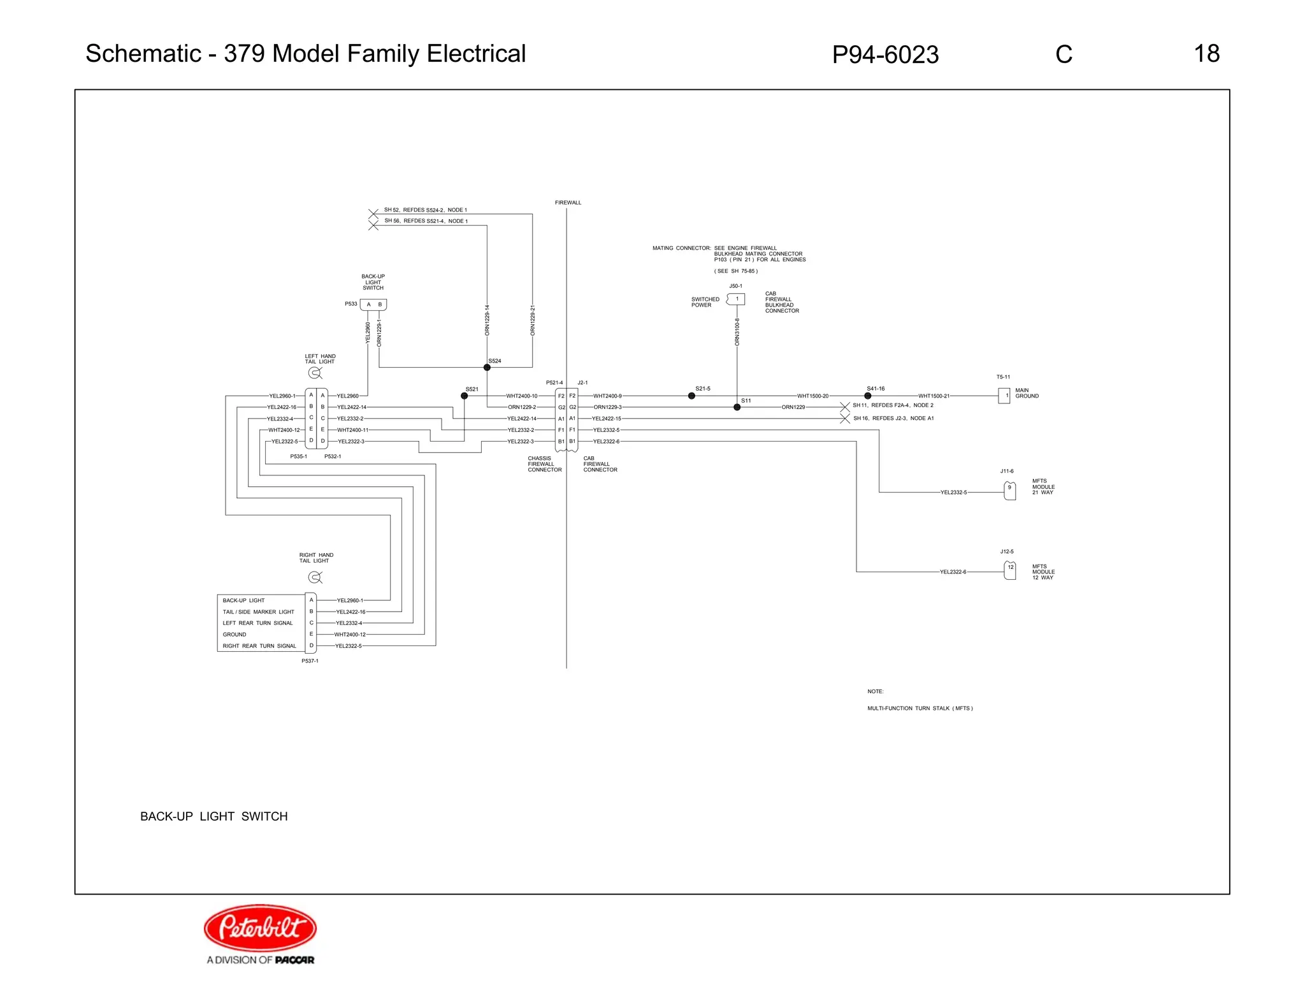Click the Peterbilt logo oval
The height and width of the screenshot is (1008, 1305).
[x=260, y=928]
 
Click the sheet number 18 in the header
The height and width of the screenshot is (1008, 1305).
[x=1206, y=54]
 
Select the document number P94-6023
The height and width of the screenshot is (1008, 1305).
[x=885, y=55]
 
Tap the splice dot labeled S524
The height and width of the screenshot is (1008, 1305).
[x=487, y=368]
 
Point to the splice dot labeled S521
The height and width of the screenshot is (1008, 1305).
[x=465, y=396]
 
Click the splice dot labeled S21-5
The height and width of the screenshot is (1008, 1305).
[x=691, y=396]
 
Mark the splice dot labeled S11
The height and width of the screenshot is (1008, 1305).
[x=737, y=407]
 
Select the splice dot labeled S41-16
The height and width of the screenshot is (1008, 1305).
[x=867, y=396]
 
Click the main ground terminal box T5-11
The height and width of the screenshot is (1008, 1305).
[x=1004, y=396]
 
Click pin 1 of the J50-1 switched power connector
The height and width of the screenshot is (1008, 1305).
[x=737, y=299]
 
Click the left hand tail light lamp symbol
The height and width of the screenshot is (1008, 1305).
[x=314, y=373]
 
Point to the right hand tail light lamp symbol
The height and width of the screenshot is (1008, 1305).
[x=314, y=577]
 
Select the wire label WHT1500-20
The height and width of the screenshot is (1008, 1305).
[x=812, y=396]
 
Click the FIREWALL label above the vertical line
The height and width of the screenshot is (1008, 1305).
[x=568, y=203]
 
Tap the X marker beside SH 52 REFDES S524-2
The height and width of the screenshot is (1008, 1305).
[x=373, y=214]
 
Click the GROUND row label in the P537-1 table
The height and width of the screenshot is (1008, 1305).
[x=234, y=635]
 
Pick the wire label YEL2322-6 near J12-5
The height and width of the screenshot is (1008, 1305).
[x=953, y=572]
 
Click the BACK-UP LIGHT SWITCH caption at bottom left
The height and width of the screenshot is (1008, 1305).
[x=213, y=816]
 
